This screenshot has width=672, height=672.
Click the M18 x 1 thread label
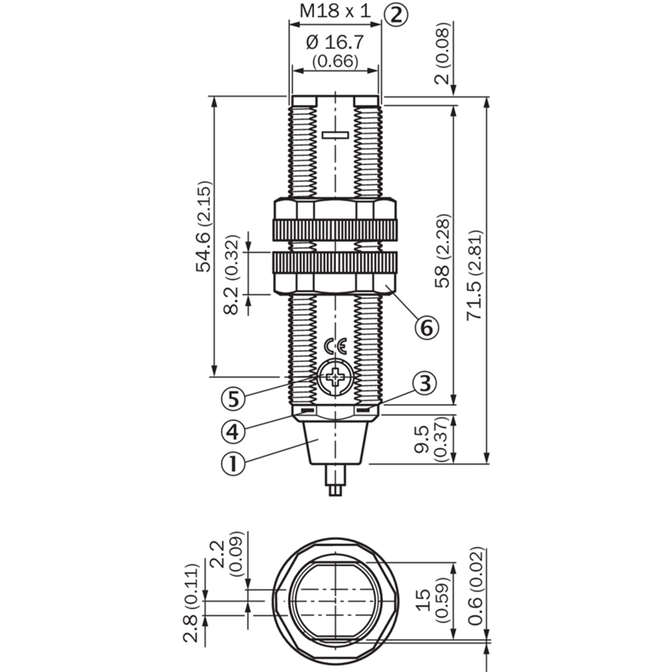coord(335,11)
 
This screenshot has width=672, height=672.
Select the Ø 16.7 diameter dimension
coord(335,43)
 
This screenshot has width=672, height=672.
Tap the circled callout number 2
coord(396,15)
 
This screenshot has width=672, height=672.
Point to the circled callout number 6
coord(427,328)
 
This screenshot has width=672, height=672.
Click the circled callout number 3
coord(425,384)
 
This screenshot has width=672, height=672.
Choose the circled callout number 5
coord(234,400)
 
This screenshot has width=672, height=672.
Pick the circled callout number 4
coord(234,431)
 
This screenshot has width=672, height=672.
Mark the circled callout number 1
coord(234,464)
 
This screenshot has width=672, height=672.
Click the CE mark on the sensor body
coord(335,345)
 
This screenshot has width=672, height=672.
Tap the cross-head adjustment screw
coord(335,377)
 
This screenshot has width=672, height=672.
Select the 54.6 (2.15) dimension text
coord(204,227)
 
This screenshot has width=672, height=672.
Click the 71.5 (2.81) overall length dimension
coord(475,276)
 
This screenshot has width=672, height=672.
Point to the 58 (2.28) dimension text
coord(444,250)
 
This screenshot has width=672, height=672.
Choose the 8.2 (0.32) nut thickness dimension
coord(232,275)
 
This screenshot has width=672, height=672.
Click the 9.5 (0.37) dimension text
coord(433,438)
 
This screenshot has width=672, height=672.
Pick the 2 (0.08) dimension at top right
coord(444,53)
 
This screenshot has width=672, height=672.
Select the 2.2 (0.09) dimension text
coord(226,554)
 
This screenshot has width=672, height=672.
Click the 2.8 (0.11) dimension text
coord(192,603)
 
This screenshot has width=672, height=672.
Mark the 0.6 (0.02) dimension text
coord(475,585)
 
